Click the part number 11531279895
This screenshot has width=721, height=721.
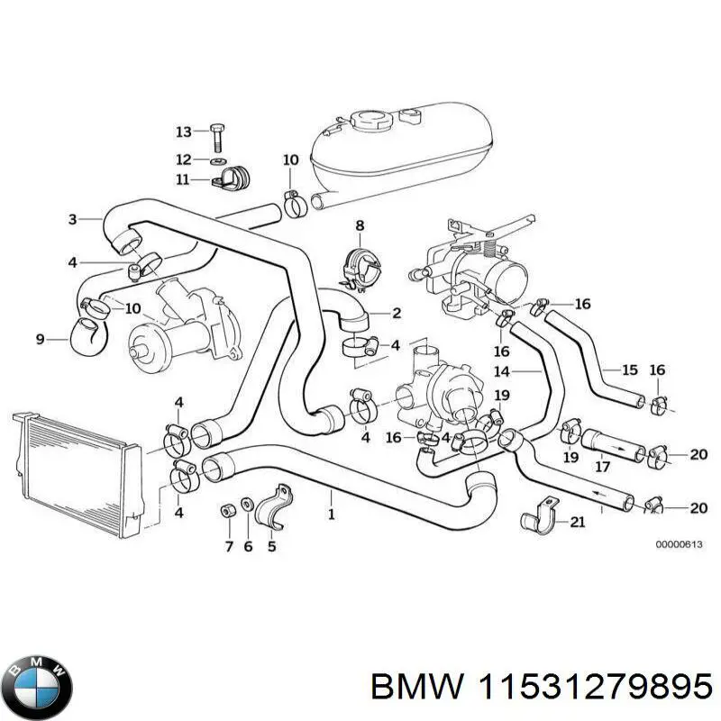click(594, 688)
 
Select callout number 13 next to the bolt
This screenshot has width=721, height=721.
click(183, 132)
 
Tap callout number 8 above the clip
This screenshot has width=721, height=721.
click(359, 225)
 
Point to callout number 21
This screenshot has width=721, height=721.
click(577, 522)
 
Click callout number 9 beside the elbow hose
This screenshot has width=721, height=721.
click(40, 339)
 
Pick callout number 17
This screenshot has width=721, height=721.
click(603, 467)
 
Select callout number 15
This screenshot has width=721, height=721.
click(629, 370)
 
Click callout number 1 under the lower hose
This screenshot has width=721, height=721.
click(332, 515)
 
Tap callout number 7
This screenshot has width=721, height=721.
click(227, 546)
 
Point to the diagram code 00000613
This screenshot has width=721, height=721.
click(675, 544)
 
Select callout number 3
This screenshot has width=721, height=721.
click(72, 218)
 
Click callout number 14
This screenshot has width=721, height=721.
click(502, 370)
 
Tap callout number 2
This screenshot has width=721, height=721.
click(397, 314)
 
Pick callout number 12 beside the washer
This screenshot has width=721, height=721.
click(183, 160)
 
